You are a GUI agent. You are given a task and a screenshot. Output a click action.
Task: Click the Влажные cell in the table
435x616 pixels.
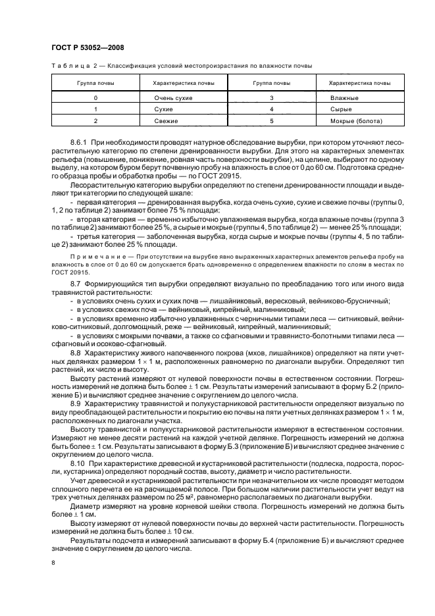point(344,97)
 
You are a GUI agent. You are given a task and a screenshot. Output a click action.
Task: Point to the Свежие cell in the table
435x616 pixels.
point(161,121)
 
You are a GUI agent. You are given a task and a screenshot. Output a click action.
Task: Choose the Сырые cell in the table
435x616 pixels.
point(342,109)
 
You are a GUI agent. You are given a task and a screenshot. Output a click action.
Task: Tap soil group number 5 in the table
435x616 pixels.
point(271,121)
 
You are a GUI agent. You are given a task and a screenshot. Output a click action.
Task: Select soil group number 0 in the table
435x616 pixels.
point(95,97)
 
